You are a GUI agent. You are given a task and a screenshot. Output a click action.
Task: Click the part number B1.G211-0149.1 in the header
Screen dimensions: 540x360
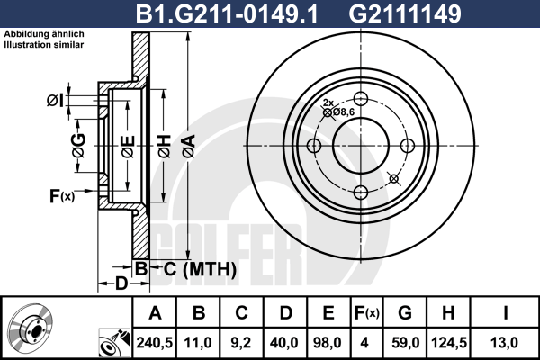pos(227,13)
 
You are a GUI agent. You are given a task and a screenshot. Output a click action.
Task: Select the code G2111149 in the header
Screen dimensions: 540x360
pos(405,13)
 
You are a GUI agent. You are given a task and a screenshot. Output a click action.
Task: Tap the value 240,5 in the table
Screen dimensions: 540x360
pos(155,343)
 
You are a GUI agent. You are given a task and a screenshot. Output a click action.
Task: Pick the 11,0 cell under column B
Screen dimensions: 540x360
pos(198,343)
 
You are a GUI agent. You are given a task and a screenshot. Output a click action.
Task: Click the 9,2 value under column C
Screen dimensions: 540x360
pos(241,343)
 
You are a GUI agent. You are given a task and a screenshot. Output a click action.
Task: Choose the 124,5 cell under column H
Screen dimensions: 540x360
pos(449,343)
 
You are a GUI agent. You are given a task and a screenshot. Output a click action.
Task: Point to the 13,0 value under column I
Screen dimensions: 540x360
pos(504,343)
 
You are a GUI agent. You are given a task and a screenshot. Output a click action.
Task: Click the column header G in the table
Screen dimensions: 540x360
pos(405,313)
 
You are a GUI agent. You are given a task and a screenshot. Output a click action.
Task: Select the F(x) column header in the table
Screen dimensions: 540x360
pos(367,313)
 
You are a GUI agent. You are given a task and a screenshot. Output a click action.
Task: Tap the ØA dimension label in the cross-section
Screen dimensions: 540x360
pos(189,146)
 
